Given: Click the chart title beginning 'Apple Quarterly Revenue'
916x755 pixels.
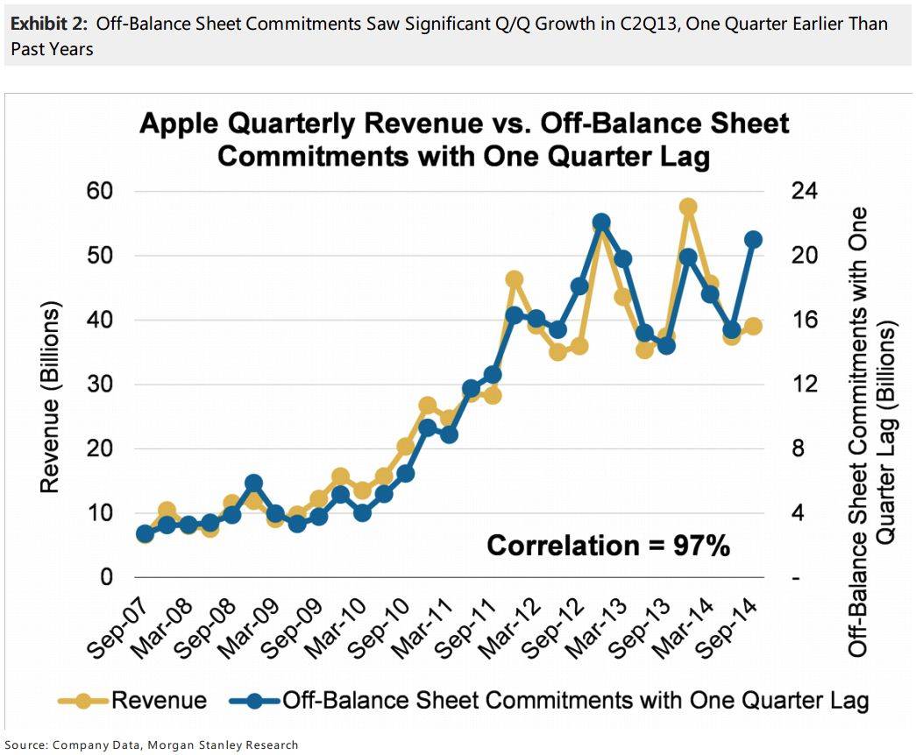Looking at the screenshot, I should click(465, 138).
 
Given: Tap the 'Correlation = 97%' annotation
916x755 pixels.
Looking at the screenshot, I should click(608, 546).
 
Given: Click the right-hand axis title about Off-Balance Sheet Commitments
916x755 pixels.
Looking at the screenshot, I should click(871, 430).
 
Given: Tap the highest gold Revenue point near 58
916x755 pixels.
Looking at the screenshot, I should click(688, 207).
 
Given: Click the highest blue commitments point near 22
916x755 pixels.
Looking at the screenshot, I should click(601, 222).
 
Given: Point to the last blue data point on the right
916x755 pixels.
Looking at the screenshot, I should click(753, 239).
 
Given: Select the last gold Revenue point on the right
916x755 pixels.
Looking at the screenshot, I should click(753, 326).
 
